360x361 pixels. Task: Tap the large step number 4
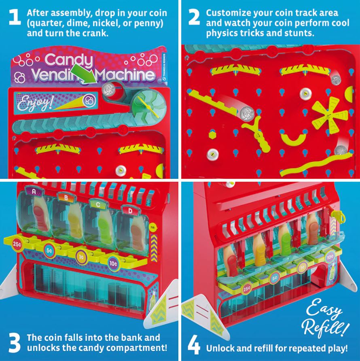coord(194,347)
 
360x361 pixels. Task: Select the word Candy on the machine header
coord(68,60)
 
